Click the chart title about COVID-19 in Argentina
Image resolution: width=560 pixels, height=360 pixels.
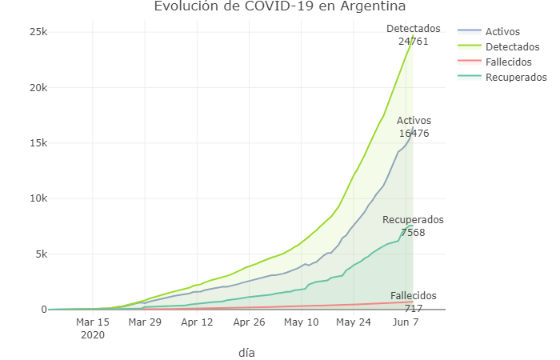(280, 7)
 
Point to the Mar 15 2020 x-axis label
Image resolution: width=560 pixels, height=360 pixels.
(93, 328)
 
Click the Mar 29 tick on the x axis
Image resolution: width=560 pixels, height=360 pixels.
(145, 322)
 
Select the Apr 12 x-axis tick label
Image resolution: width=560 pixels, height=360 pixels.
(198, 322)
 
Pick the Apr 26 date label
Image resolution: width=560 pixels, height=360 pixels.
(250, 322)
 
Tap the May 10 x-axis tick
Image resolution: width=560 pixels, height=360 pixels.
(302, 322)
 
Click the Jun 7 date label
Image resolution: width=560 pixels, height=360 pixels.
(406, 322)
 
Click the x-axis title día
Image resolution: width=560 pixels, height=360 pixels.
(246, 352)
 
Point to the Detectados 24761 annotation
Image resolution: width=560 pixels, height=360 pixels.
(413, 34)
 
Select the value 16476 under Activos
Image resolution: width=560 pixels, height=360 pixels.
(414, 134)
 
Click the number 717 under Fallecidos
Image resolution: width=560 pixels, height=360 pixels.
(414, 308)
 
